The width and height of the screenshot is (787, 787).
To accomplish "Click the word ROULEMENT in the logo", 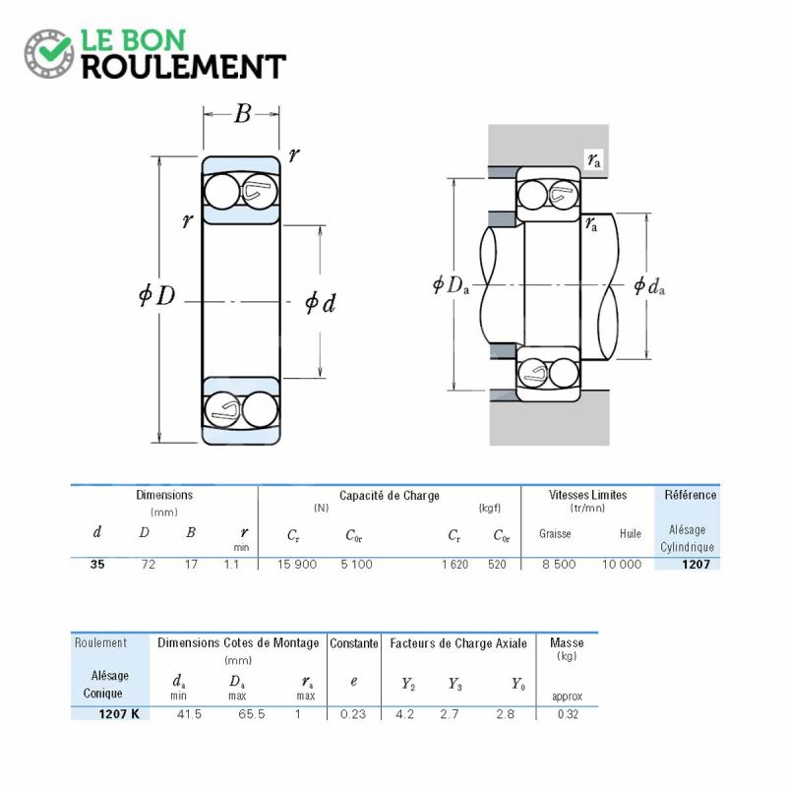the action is click(184, 67).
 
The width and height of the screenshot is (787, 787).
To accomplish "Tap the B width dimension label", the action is click(242, 114).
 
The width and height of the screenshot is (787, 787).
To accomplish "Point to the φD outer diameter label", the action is click(157, 295).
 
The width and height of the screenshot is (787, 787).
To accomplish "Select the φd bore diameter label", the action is click(321, 303).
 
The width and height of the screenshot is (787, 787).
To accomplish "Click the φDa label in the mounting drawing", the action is click(452, 285).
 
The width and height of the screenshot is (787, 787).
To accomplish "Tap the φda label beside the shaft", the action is click(649, 286).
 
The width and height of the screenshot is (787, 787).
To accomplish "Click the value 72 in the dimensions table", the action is click(149, 564).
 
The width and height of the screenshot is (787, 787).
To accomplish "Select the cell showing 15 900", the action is click(297, 564).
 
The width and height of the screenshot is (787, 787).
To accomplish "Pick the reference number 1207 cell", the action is click(696, 564).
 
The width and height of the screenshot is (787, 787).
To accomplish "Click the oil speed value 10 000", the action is click(622, 564).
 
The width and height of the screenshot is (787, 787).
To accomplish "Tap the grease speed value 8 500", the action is click(559, 564).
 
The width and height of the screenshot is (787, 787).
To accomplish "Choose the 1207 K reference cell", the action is click(119, 714).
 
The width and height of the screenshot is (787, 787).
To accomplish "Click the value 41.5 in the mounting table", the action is click(189, 714).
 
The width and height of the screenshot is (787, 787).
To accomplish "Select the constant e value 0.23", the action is click(353, 714).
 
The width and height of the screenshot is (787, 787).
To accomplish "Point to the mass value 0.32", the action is click(568, 714).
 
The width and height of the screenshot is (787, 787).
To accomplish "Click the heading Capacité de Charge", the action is click(389, 496).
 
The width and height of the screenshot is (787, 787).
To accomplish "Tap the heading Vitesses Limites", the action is click(587, 495).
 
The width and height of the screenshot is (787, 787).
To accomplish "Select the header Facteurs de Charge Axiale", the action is click(458, 643).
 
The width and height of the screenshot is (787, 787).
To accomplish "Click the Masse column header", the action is click(567, 643).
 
